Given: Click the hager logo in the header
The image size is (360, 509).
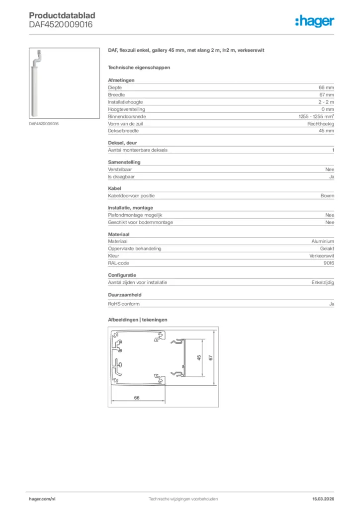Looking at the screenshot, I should pyautogui.click(x=314, y=20).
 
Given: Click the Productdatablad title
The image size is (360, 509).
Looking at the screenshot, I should pyautogui.click(x=62, y=15).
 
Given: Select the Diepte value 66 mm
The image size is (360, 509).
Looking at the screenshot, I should pyautogui.click(x=326, y=87).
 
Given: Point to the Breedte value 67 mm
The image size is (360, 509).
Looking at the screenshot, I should pyautogui.click(x=326, y=94).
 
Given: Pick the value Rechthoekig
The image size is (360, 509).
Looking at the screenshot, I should pyautogui.click(x=321, y=123).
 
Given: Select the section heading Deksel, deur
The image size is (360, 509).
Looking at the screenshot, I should pyautogui.click(x=122, y=143).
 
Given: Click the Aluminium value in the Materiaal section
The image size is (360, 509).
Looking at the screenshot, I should pyautogui.click(x=323, y=241).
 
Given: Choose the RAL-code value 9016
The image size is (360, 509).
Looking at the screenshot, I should pyautogui.click(x=328, y=263).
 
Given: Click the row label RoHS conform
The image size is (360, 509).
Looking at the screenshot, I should pyautogui.click(x=124, y=304).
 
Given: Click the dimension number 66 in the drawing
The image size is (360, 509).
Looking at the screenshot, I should pyautogui.click(x=136, y=397).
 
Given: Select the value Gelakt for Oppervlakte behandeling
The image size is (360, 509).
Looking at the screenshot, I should pyautogui.click(x=327, y=249).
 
